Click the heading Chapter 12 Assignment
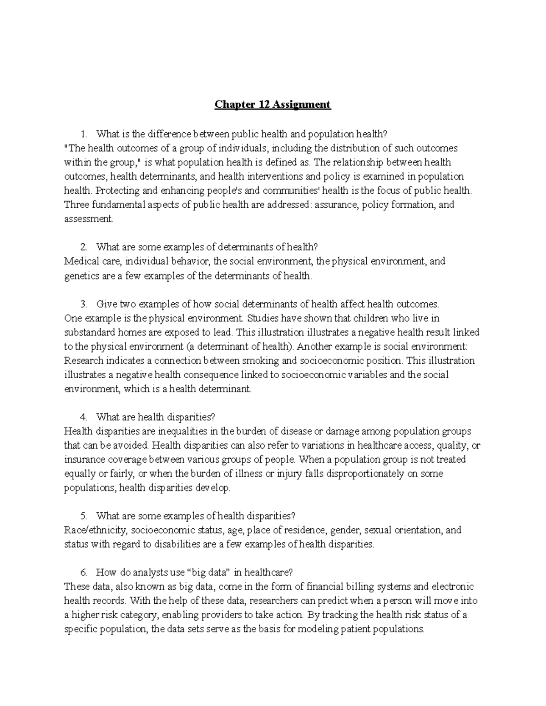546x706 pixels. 273,105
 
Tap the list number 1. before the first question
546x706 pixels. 83,134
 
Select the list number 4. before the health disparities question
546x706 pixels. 83,417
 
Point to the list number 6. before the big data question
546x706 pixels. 83,573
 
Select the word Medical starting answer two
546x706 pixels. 79,262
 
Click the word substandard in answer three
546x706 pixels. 87,332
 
